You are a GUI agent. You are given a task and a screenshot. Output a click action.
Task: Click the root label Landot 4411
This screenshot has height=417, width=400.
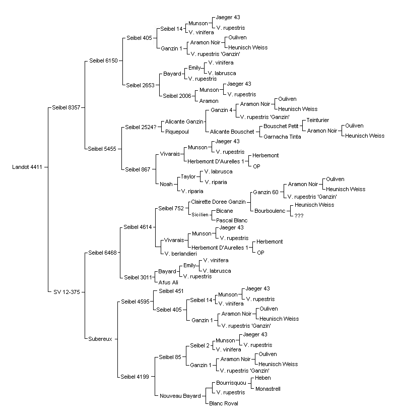point(27,167)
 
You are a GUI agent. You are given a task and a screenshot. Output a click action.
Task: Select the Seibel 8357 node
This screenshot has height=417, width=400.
point(66,107)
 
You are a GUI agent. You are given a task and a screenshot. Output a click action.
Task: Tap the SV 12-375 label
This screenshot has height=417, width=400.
point(66,292)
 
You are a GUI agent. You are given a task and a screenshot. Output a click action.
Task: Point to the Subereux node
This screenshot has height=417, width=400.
point(100,339)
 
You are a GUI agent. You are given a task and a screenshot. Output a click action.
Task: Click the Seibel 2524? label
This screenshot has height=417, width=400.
point(141,127)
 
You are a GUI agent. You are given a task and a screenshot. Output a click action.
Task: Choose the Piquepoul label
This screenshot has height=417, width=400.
point(177,132)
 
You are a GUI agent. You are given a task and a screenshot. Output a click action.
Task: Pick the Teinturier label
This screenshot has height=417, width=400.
point(318,120)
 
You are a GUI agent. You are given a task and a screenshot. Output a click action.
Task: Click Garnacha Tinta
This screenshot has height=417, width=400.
point(282,137)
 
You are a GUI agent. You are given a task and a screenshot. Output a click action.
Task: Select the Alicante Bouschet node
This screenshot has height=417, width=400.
point(232,132)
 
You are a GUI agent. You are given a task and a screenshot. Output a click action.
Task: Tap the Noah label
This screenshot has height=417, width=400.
point(166,184)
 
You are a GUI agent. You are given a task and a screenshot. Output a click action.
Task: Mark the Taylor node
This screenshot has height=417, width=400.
point(188,176)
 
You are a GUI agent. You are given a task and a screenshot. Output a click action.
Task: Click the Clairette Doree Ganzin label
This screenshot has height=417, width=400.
point(218,202)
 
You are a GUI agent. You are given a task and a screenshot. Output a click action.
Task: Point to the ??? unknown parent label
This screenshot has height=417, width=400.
point(299,216)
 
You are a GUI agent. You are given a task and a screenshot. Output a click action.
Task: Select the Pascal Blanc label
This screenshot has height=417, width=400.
point(232,220)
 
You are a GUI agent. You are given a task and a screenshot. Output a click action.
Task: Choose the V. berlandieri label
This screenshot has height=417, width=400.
point(181,254)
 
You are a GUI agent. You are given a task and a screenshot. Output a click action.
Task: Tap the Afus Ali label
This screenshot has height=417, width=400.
point(168,282)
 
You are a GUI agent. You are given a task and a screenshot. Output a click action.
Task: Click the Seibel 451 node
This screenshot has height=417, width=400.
point(171,291)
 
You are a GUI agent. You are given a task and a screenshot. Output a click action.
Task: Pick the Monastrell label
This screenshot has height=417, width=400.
point(268,389)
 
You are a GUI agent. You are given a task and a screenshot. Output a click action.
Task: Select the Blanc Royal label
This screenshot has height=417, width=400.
point(224,403)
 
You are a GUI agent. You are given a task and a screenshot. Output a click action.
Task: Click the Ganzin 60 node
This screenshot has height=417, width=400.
point(266,192)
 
